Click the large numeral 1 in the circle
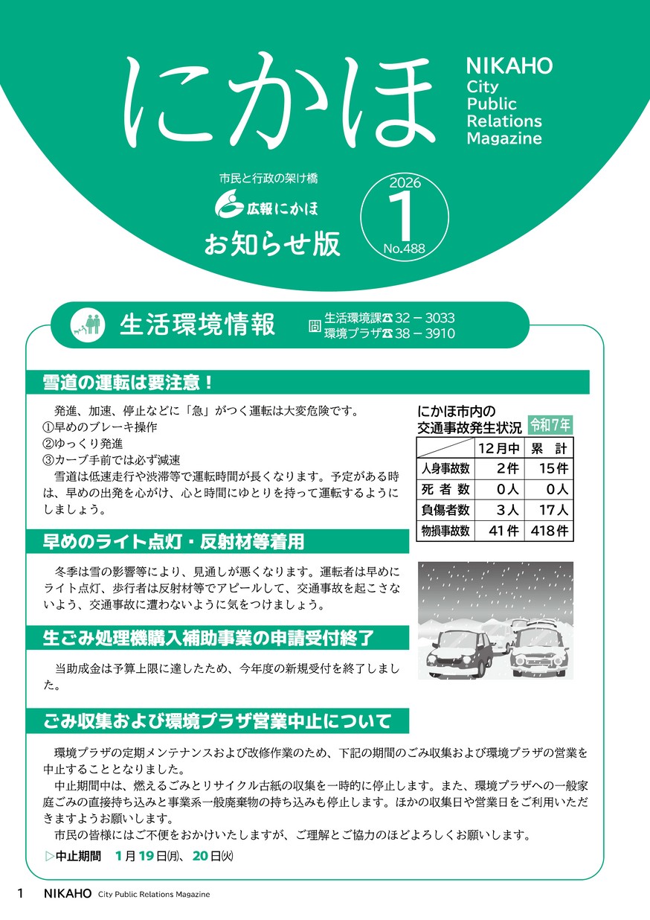click(404, 216)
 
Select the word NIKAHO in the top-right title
click(509, 66)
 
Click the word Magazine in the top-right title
click(504, 138)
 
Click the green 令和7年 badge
click(550, 425)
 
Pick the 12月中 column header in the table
click(498, 448)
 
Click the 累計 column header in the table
click(549, 448)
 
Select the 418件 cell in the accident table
click(549, 531)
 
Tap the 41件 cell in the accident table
click(498, 531)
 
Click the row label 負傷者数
click(445, 510)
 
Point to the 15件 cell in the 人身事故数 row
click(549, 469)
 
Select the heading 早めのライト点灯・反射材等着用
click(174, 542)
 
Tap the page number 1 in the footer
click(21, 894)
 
